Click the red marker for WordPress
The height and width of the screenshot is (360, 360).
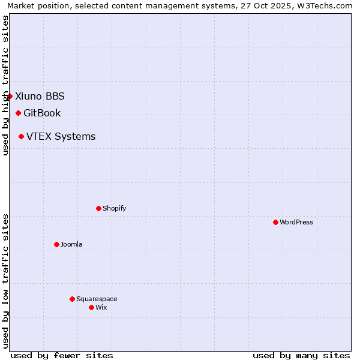(275, 222)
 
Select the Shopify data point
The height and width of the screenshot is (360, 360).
(98, 208)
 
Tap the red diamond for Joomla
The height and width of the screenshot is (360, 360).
(56, 244)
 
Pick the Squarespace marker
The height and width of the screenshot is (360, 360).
(72, 299)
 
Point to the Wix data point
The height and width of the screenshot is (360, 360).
(91, 307)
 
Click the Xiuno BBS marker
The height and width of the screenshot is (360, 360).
(10, 96)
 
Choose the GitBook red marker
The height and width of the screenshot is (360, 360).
(18, 113)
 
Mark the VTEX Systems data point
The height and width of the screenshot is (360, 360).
(21, 136)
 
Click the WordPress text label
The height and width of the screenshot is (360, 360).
(296, 222)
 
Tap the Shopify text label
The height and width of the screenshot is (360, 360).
(114, 208)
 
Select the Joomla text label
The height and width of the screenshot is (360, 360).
(71, 244)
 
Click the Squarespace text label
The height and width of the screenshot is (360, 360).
(97, 299)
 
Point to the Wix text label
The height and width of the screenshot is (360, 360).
(101, 307)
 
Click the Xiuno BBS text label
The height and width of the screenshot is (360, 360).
(40, 96)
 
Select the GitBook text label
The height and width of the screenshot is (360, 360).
(42, 113)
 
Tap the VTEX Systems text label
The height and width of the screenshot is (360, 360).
(61, 136)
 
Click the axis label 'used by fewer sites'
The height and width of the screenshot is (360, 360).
(62, 355)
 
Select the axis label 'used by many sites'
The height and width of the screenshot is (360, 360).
(301, 355)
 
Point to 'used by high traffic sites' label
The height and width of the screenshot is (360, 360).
(5, 85)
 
